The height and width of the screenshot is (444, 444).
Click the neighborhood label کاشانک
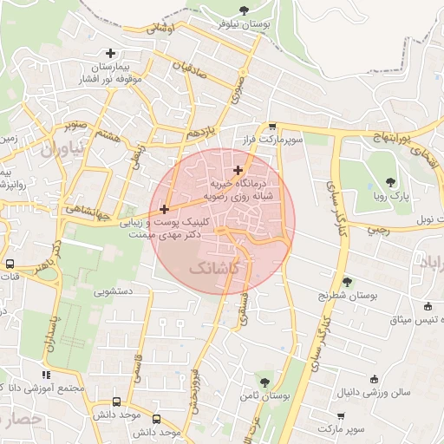pos(212,271)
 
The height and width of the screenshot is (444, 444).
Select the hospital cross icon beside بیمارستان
pos(109,53)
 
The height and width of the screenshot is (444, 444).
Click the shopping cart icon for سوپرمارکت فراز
pos(271,126)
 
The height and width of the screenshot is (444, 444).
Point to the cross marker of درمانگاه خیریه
pos(238,170)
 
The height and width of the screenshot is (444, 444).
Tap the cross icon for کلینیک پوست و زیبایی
pos(164,209)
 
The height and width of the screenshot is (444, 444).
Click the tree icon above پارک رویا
pos(391,182)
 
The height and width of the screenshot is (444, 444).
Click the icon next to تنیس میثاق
pos(428,305)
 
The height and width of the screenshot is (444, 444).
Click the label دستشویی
pos(130,292)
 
